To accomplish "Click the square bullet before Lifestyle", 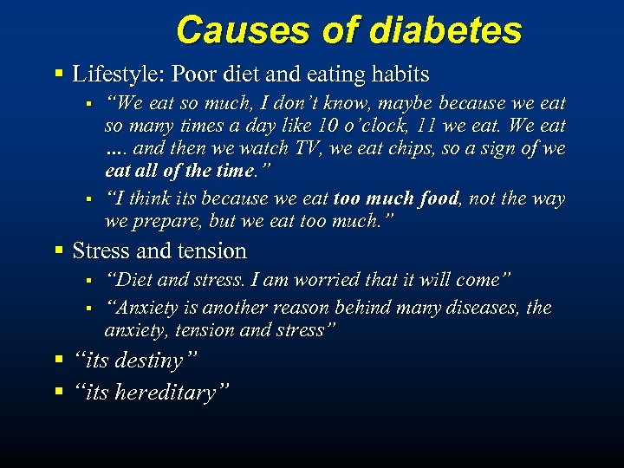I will point(59,75).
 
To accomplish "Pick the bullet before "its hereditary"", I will point(59,392).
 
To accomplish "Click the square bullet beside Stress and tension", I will point(59,251).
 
